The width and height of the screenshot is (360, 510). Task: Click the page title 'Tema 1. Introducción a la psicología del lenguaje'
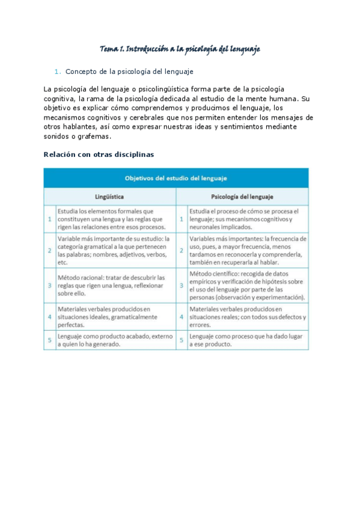[x=180, y=49]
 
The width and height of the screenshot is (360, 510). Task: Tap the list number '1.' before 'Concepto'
[x=58, y=72]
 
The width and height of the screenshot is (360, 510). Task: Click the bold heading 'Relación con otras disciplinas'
[x=99, y=155]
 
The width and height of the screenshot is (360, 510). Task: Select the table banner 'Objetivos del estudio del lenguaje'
[x=176, y=178]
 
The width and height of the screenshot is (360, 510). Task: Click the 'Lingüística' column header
[x=109, y=197]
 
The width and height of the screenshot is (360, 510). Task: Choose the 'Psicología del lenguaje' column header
[x=242, y=197]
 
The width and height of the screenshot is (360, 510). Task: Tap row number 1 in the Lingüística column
[x=49, y=219]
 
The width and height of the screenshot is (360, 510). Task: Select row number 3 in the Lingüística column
[x=49, y=285]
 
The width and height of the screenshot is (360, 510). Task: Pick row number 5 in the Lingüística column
[x=49, y=340]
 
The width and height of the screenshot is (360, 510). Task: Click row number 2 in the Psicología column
[x=182, y=250]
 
